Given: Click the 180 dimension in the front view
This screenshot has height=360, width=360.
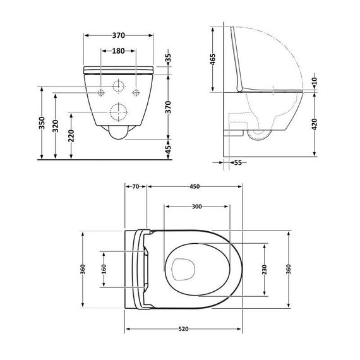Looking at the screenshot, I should (x=118, y=52).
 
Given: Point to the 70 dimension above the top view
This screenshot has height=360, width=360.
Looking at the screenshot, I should (x=135, y=187).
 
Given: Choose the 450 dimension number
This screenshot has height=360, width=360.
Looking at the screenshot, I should (x=195, y=187).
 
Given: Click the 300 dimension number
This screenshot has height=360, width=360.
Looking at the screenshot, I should (x=196, y=207).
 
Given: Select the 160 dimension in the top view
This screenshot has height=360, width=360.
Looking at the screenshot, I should (x=104, y=270).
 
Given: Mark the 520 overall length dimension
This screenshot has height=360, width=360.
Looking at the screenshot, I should (x=184, y=330).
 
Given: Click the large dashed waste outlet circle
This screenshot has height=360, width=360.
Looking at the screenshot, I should (x=118, y=112).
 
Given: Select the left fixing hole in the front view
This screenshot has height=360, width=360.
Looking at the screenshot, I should (x=101, y=92).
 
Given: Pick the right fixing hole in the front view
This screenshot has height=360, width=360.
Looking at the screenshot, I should (x=136, y=92).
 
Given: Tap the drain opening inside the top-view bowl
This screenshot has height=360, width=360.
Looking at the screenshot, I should (x=182, y=270).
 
